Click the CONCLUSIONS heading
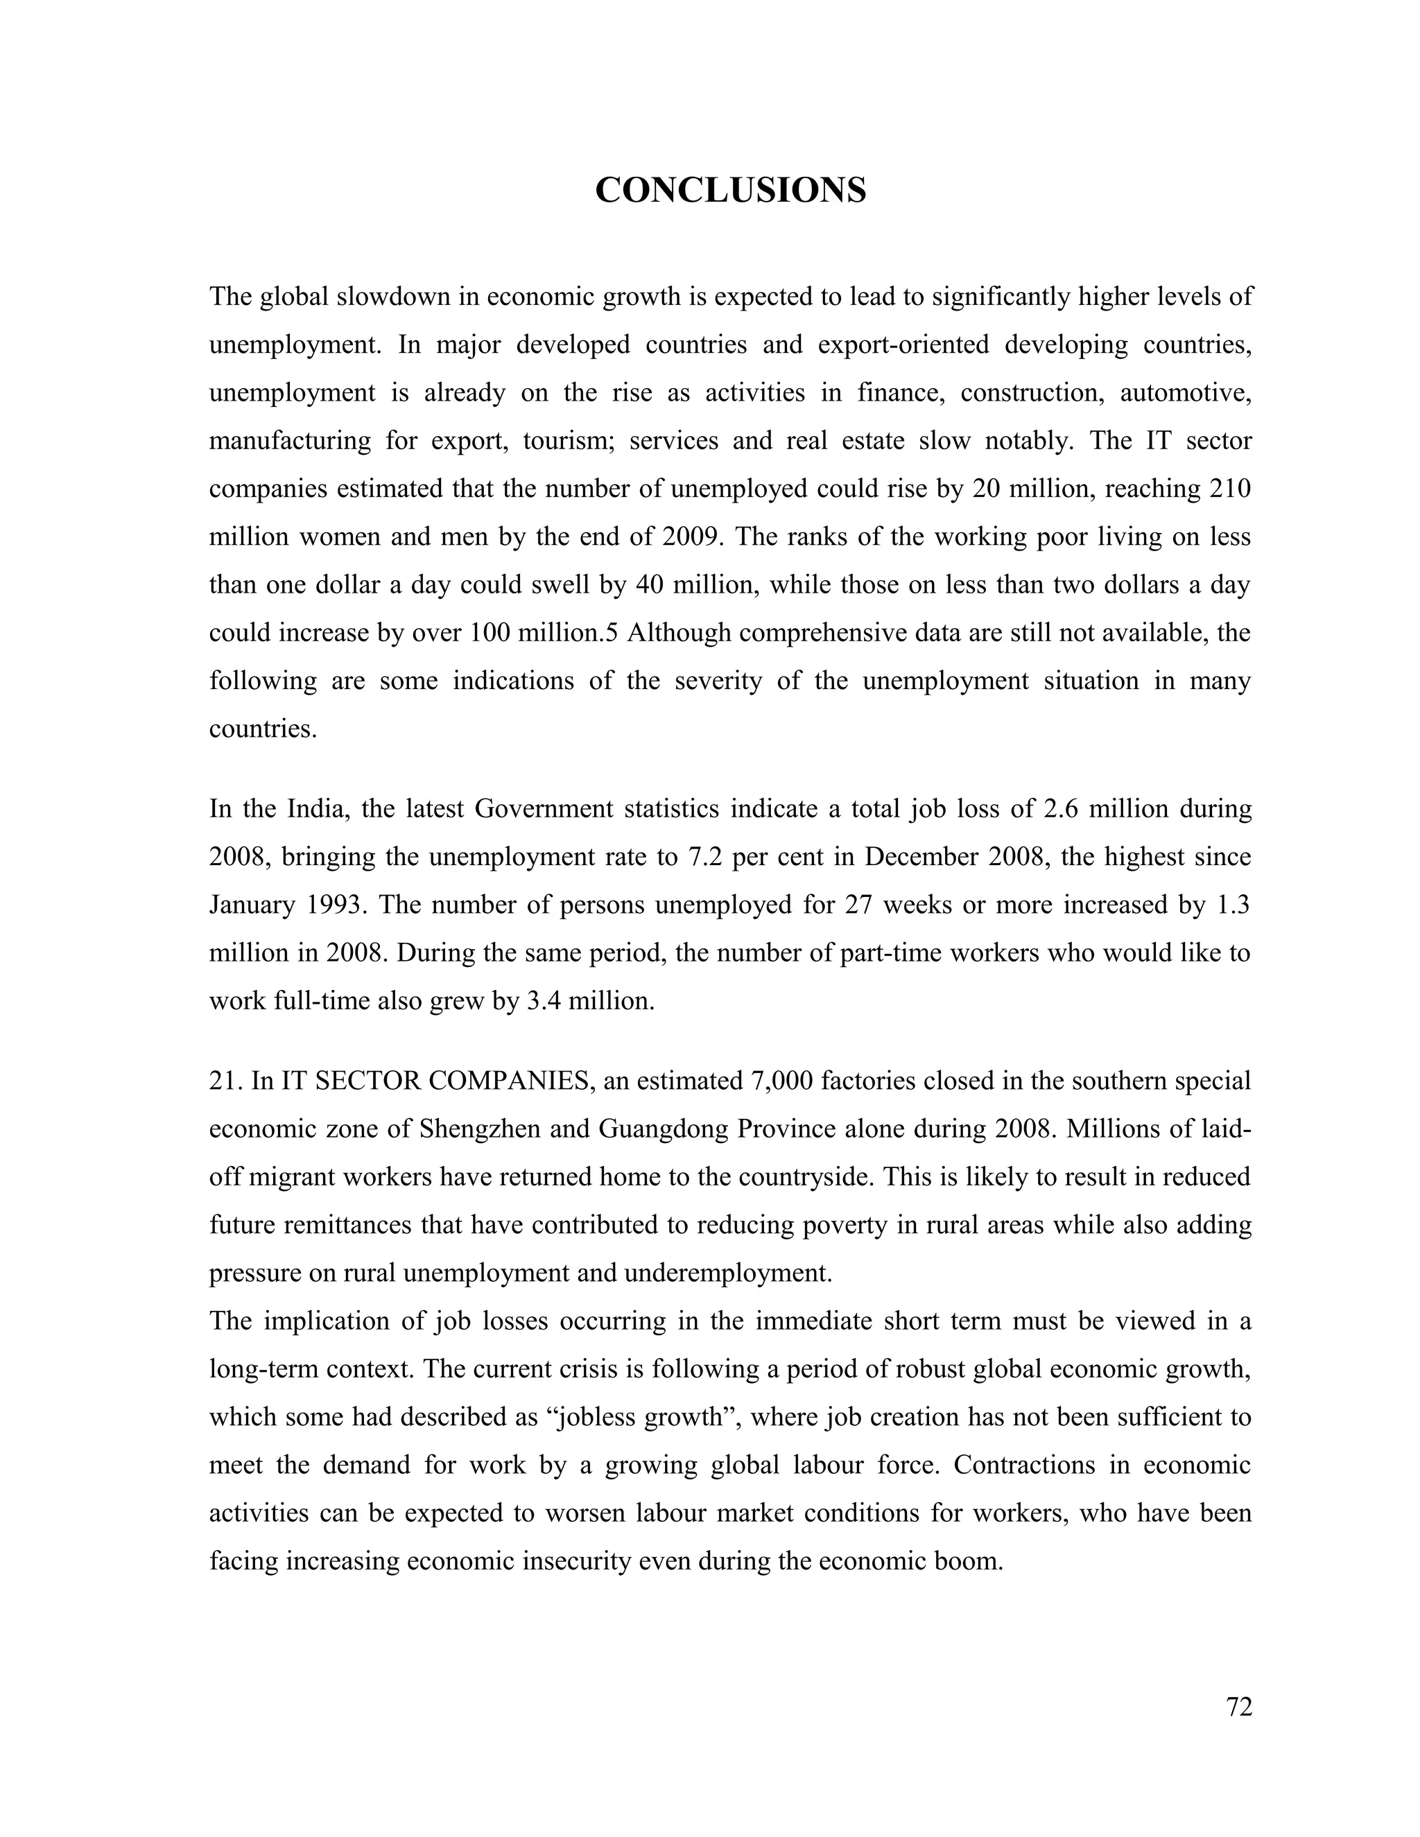(730, 190)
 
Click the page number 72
(1239, 1707)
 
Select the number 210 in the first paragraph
(1231, 489)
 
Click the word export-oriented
(903, 345)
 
